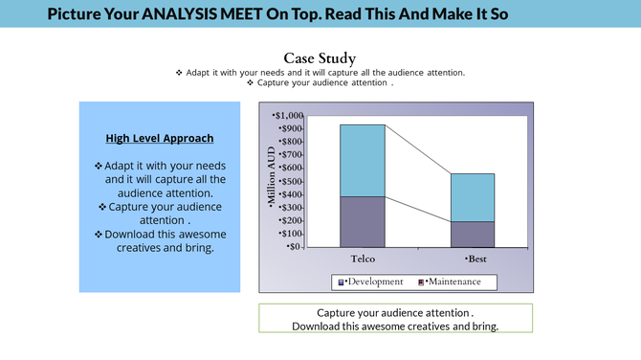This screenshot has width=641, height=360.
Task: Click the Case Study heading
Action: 320,58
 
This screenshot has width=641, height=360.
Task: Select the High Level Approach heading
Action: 160,139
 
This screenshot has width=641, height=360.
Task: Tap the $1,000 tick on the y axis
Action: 290,116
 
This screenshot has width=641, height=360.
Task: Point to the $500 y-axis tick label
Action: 292,182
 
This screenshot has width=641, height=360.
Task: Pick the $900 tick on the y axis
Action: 292,129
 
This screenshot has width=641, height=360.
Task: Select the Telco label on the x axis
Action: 363,259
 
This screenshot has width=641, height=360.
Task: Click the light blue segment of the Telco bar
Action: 363,160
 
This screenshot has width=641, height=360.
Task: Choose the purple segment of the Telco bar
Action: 363,220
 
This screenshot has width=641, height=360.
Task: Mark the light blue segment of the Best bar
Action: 473,196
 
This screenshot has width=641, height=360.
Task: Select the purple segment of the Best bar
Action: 473,234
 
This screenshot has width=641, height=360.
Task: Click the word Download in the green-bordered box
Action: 320,326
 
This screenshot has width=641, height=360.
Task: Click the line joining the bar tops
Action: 418,149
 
